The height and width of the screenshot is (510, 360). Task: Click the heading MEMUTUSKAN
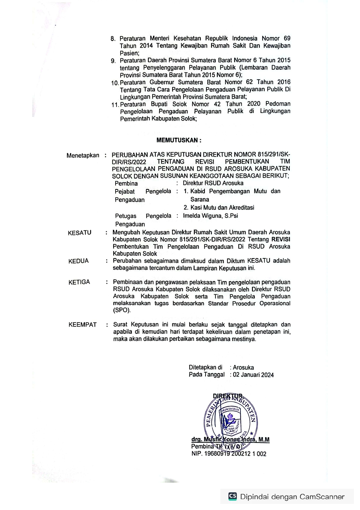pos(179,140)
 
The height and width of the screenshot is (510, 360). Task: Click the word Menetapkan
pos(83,155)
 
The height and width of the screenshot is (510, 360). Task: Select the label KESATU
pos(80,233)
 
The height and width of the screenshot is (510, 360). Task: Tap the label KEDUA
pos(78,261)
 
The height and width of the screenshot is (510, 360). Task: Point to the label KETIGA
pos(79,282)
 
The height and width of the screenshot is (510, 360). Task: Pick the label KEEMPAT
pos(82,325)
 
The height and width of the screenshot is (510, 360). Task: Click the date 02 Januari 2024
pos(253,375)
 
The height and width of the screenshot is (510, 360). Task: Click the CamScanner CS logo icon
pos(233,496)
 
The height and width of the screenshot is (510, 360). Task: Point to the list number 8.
pos(113,39)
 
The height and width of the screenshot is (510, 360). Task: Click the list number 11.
pos(115,105)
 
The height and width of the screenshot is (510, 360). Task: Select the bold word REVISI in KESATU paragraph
pos(281,239)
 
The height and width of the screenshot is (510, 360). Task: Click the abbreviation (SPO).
pos(122,310)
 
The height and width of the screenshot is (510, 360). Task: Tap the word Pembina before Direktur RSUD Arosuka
pos(126,184)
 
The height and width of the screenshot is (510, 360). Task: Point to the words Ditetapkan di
pos(206,368)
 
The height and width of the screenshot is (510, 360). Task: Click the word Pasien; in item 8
pos(129,53)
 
